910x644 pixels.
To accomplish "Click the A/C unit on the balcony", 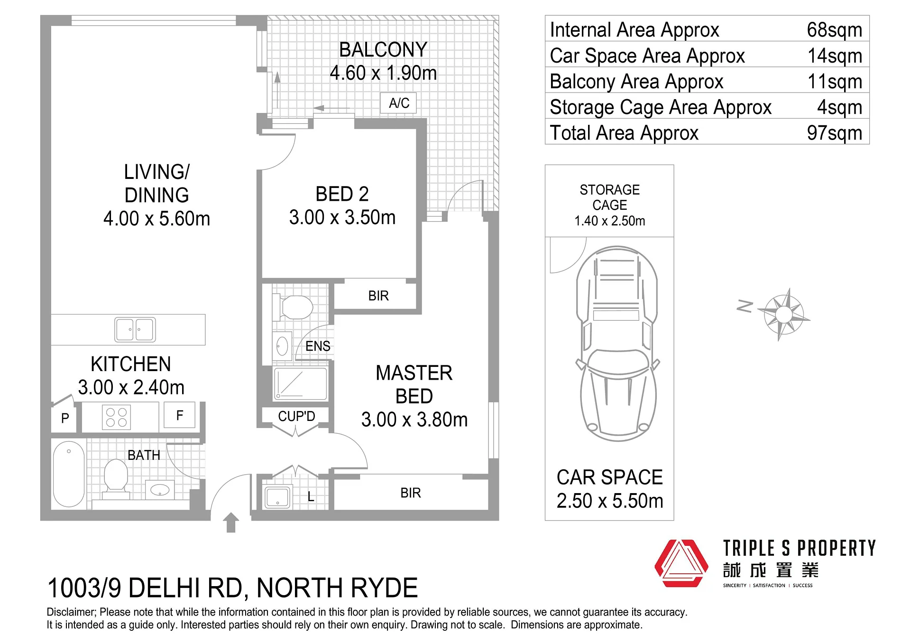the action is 398,103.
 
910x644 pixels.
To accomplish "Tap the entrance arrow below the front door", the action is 231,523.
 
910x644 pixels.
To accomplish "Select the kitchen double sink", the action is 135,329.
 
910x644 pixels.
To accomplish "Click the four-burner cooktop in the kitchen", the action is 117,418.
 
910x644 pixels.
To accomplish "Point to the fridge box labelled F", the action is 179,415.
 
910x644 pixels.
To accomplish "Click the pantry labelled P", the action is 64,418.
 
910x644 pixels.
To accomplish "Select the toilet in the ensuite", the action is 293,307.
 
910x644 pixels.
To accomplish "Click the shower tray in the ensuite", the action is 300,383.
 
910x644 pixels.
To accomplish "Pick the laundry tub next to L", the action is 278,497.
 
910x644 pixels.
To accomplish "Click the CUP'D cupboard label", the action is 296,416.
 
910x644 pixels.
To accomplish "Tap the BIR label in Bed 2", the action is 378,296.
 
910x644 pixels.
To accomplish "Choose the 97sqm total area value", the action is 835,133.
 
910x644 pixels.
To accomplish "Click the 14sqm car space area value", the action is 835,56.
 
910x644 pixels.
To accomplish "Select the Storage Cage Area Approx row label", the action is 661,107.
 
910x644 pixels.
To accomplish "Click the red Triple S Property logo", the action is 681,563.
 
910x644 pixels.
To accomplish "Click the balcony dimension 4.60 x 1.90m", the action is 383,73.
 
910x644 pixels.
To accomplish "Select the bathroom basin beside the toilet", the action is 160,489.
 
